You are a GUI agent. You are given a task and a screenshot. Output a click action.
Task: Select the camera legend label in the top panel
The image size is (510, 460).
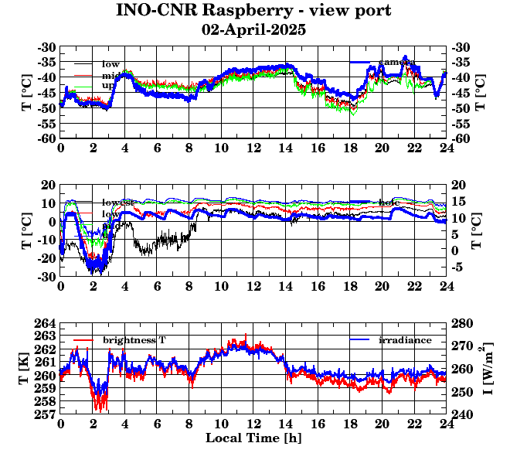click(x=396, y=62)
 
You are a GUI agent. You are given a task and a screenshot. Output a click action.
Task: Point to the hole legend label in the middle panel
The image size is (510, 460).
click(x=389, y=203)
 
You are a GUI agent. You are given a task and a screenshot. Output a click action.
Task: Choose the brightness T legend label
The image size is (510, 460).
click(x=134, y=340)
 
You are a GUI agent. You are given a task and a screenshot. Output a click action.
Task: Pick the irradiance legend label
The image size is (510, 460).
click(x=406, y=340)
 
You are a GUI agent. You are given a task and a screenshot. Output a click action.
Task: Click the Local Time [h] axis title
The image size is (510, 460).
click(x=253, y=438)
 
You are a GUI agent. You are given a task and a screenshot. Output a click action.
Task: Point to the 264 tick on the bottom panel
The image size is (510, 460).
click(x=46, y=323)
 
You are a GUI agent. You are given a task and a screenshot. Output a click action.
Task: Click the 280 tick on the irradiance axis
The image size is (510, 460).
click(x=461, y=323)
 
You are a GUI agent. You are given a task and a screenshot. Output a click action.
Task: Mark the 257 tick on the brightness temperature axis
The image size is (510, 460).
click(x=46, y=415)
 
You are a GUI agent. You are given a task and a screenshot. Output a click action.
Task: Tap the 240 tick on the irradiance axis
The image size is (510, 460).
click(x=461, y=415)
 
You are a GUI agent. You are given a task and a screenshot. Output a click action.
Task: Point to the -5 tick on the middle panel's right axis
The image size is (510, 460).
click(x=457, y=267)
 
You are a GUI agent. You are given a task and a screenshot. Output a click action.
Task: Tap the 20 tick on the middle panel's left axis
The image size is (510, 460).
click(x=49, y=186)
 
